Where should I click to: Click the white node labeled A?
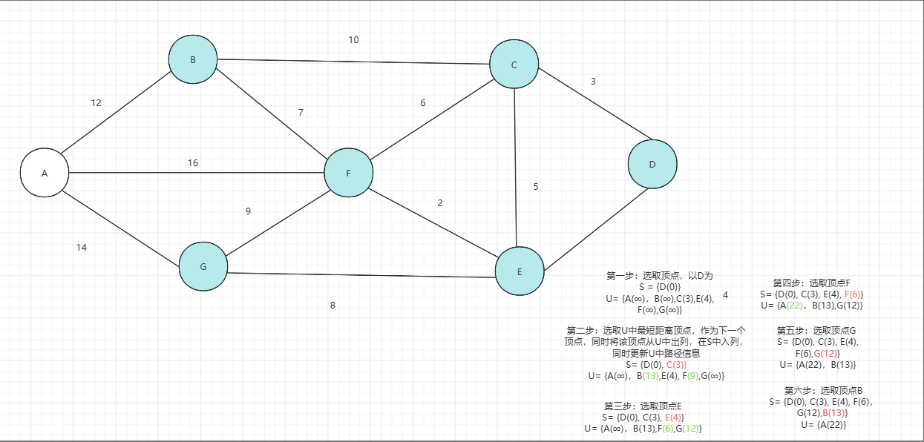(x=45, y=173)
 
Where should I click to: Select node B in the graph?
(x=193, y=59)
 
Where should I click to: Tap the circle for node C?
(x=514, y=65)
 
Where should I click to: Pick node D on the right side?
(x=652, y=164)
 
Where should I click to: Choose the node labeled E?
(x=520, y=271)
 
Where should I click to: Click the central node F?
(x=349, y=173)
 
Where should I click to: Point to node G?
(x=203, y=266)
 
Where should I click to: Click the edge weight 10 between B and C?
(x=354, y=39)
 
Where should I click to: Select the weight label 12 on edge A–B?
(x=96, y=103)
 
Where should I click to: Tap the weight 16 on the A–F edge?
(x=193, y=162)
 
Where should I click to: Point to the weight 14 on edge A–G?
(x=82, y=248)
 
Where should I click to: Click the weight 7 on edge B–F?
(x=301, y=113)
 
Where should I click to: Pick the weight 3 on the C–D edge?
(x=593, y=82)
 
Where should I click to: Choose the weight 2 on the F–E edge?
(x=440, y=203)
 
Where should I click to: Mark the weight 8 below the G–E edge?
(x=332, y=305)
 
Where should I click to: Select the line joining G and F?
(x=276, y=220)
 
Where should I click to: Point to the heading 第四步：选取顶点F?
(x=811, y=283)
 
